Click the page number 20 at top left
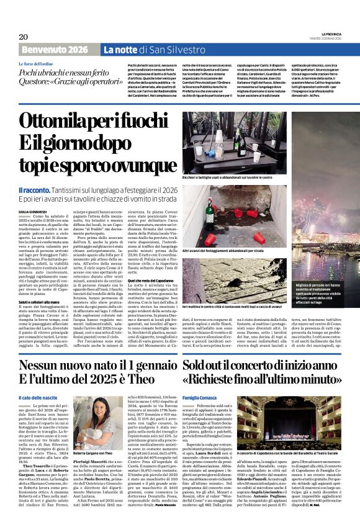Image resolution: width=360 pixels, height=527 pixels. pos(23,37)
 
